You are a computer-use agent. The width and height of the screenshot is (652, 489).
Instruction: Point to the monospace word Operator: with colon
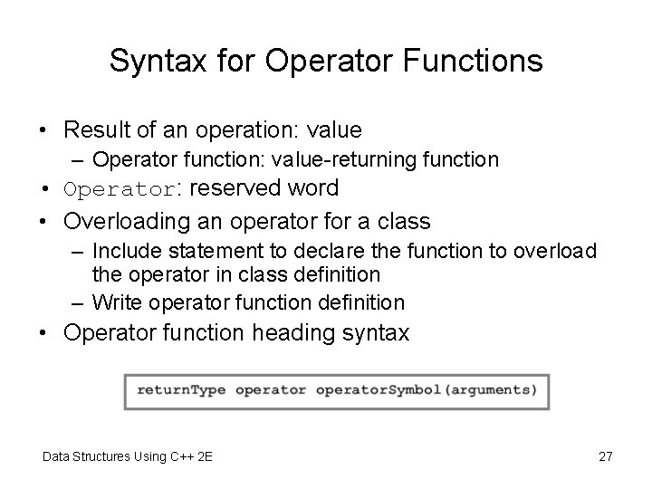click(x=123, y=190)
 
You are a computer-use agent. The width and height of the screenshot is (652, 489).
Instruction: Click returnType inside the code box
click(x=181, y=390)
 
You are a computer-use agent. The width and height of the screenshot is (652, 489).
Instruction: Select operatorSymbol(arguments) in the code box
click(x=427, y=390)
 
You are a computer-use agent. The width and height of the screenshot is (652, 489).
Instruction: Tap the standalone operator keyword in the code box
click(x=270, y=390)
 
